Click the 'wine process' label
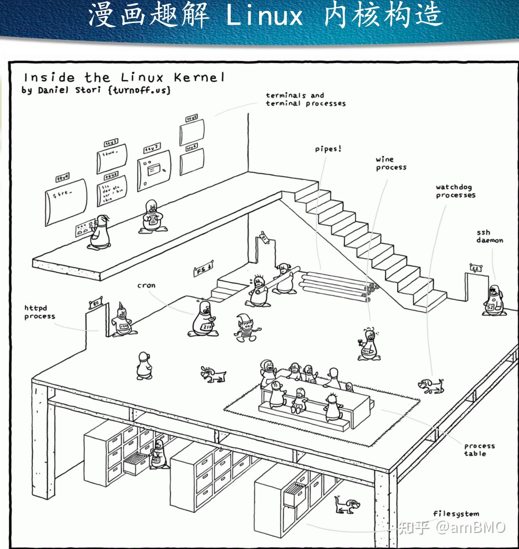[x=390, y=164]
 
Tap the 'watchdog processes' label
[x=456, y=191]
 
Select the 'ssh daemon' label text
[x=489, y=237]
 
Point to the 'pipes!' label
[x=328, y=149]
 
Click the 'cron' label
[x=146, y=286]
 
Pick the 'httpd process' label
[x=40, y=312]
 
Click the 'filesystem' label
[x=456, y=514]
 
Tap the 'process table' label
[x=479, y=450]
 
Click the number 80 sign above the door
[x=95, y=302]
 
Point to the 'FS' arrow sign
[x=204, y=269]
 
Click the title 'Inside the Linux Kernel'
[x=124, y=77]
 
